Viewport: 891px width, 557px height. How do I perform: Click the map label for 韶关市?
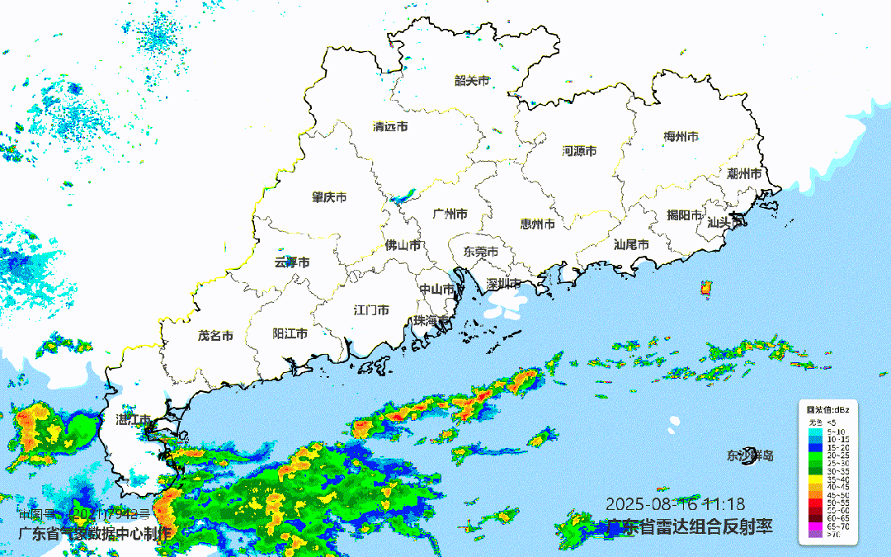(x=472, y=81)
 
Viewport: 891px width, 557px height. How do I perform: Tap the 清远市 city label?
(x=390, y=127)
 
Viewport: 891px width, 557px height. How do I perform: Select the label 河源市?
(x=579, y=151)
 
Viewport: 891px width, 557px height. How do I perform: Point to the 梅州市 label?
(x=681, y=136)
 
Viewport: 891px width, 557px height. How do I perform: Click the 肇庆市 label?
(x=329, y=198)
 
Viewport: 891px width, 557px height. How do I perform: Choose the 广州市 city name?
(x=450, y=215)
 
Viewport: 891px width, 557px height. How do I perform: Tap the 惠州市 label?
(x=537, y=224)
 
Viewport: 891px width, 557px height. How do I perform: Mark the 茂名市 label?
(x=215, y=336)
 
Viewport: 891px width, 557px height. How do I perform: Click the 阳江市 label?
(x=290, y=334)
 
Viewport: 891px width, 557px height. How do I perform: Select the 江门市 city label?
(x=371, y=310)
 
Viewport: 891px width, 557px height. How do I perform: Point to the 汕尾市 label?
(x=631, y=245)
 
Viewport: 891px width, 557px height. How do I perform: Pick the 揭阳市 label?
(x=684, y=215)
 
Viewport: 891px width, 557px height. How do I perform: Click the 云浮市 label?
(x=292, y=262)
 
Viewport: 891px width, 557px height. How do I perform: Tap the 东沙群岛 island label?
(x=750, y=456)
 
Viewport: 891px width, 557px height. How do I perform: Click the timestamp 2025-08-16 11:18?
(x=676, y=503)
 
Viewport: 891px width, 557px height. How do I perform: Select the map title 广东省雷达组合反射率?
(x=690, y=526)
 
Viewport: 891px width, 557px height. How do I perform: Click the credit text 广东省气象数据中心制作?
(x=95, y=532)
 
